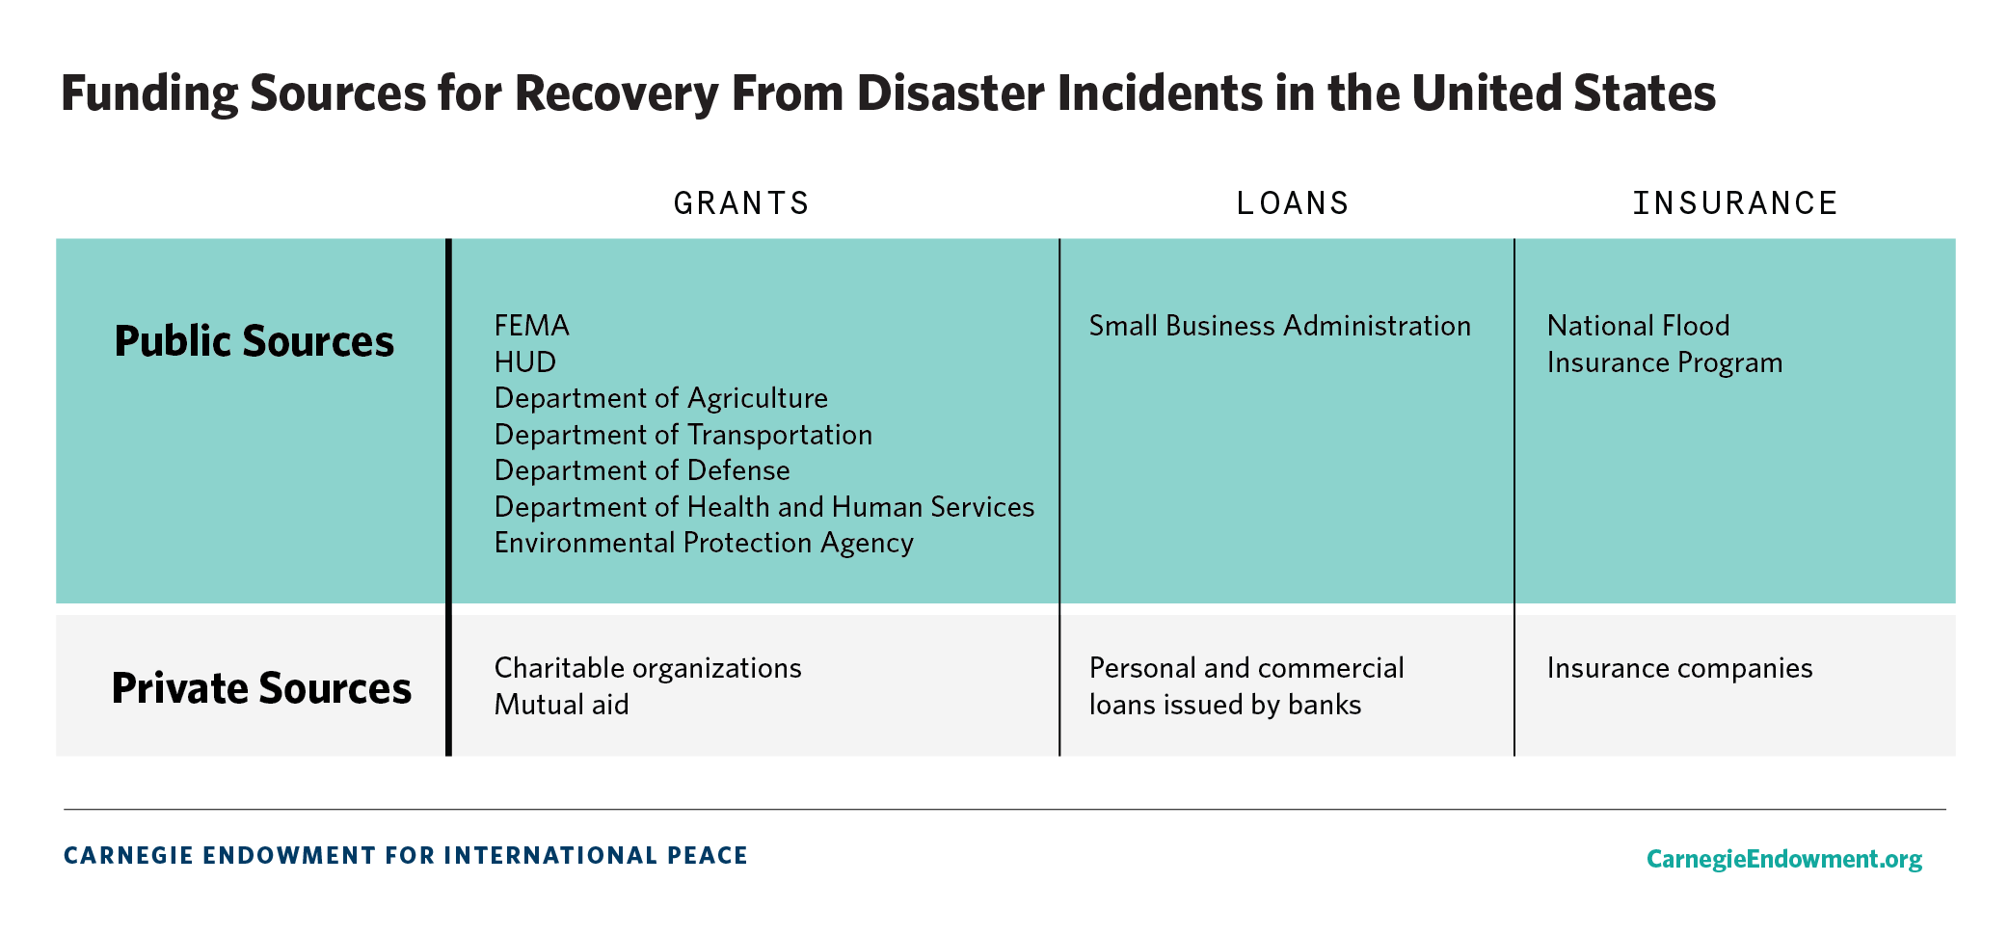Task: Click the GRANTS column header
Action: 741,203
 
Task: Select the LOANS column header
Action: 1293,203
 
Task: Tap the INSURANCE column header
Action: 1734,203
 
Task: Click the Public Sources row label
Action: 254,341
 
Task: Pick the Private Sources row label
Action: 261,688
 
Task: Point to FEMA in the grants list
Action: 531,326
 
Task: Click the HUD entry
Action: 524,362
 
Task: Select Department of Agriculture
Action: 660,398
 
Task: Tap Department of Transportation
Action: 683,435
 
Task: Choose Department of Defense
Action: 641,470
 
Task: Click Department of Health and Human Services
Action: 763,507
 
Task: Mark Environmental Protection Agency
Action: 703,544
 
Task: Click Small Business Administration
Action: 1279,326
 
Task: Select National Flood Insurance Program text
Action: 1664,344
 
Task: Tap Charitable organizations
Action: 647,668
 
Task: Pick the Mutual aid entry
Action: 561,705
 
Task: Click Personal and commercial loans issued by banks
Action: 1246,686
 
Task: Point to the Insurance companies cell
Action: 1679,668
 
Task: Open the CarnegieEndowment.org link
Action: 1783,858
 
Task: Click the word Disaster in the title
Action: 950,94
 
